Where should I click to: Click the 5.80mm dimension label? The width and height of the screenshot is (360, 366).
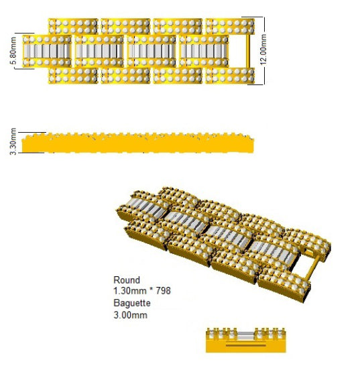click(13, 50)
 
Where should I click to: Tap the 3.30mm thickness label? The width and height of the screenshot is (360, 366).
click(13, 141)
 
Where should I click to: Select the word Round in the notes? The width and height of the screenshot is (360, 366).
click(127, 280)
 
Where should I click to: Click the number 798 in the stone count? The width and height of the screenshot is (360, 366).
click(163, 291)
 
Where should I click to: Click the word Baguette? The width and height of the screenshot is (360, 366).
click(132, 303)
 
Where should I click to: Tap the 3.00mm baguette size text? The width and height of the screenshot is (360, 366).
click(131, 315)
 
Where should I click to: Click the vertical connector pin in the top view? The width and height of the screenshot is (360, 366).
click(247, 52)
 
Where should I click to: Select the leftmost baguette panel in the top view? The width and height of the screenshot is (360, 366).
click(47, 51)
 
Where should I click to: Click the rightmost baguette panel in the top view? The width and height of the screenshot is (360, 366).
click(204, 51)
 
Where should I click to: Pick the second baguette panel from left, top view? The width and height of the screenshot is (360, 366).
click(99, 51)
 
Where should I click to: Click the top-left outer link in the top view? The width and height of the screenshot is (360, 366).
click(73, 26)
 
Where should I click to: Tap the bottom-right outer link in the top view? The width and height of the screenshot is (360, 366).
click(230, 76)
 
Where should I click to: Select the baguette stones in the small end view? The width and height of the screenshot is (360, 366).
click(245, 335)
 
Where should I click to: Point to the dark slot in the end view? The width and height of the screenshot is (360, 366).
click(245, 345)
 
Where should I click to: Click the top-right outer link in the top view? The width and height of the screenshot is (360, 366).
click(230, 26)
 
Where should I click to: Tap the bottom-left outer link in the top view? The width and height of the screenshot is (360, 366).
click(73, 76)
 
